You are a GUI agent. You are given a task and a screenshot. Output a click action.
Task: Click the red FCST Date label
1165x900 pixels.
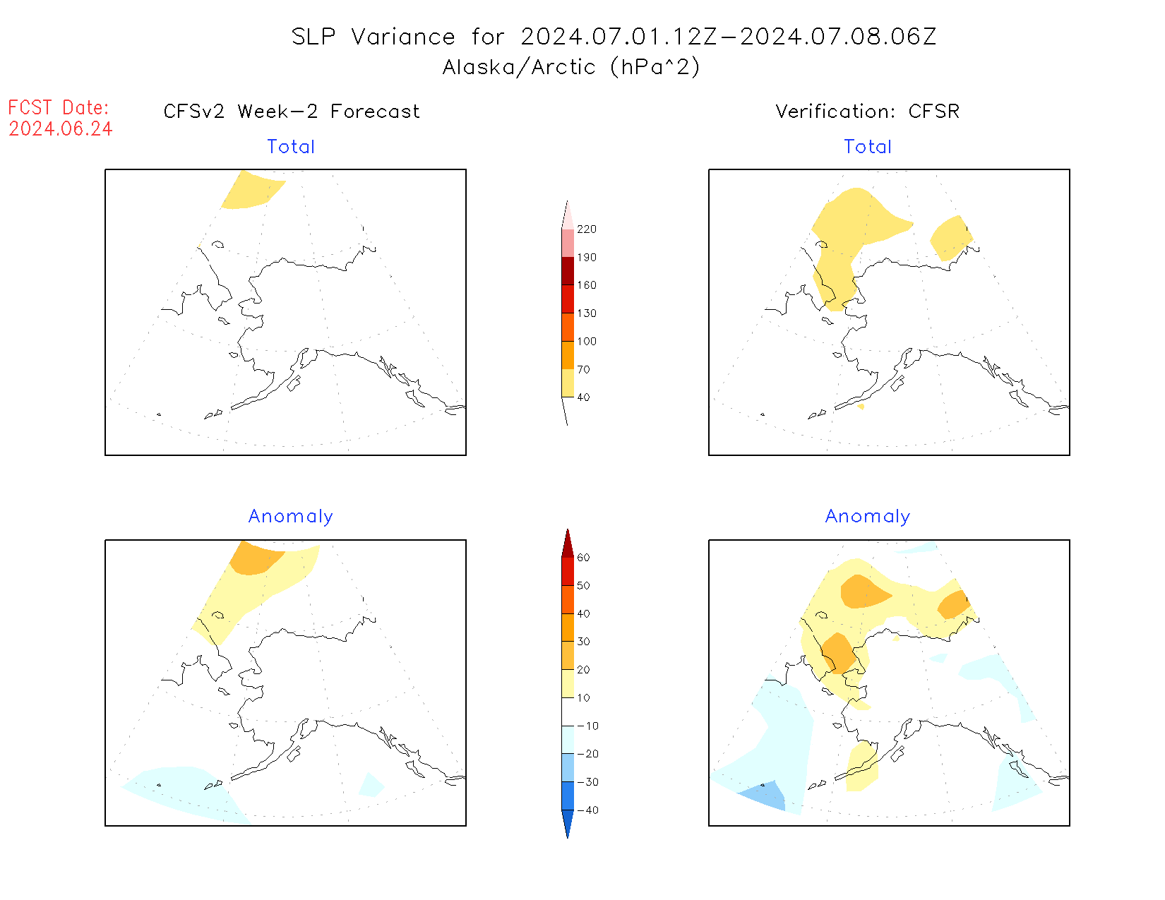tap(59, 108)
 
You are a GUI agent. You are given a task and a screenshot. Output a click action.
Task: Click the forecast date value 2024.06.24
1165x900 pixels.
tap(61, 129)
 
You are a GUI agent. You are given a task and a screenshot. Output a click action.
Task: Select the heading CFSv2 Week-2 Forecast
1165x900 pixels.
tap(291, 112)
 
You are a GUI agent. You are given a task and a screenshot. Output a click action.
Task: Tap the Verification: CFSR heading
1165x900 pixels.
tap(867, 112)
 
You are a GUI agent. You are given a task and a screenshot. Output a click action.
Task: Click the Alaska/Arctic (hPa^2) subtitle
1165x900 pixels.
tap(571, 67)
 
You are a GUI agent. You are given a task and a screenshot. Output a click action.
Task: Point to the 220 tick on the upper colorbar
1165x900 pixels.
tap(586, 229)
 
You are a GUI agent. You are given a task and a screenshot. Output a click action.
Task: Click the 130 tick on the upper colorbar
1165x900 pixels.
tap(586, 313)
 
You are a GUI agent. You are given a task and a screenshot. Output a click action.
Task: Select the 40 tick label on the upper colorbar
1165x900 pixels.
tap(583, 397)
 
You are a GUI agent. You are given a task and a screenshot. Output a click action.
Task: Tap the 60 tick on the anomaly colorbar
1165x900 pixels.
tap(583, 558)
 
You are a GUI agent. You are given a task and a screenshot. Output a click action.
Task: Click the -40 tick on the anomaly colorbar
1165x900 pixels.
tap(587, 810)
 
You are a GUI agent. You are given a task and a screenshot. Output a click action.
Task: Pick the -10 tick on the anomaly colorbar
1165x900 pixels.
tap(587, 726)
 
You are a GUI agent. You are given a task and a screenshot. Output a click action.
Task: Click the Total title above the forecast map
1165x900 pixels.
tap(291, 147)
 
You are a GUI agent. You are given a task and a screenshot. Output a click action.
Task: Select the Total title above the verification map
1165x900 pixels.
tap(868, 147)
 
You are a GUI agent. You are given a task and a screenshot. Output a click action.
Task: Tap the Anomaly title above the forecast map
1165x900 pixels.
tap(290, 517)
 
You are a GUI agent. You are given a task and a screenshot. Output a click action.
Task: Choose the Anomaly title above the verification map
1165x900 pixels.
tap(868, 517)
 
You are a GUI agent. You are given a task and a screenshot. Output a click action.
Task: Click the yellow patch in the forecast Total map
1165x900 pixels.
tap(251, 190)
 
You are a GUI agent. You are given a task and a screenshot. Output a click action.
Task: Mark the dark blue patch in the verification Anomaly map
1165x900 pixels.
tap(765, 795)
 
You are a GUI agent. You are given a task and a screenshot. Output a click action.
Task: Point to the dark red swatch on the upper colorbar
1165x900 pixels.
tap(568, 271)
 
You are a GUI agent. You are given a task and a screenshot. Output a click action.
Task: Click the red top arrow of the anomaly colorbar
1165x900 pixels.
tap(568, 544)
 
